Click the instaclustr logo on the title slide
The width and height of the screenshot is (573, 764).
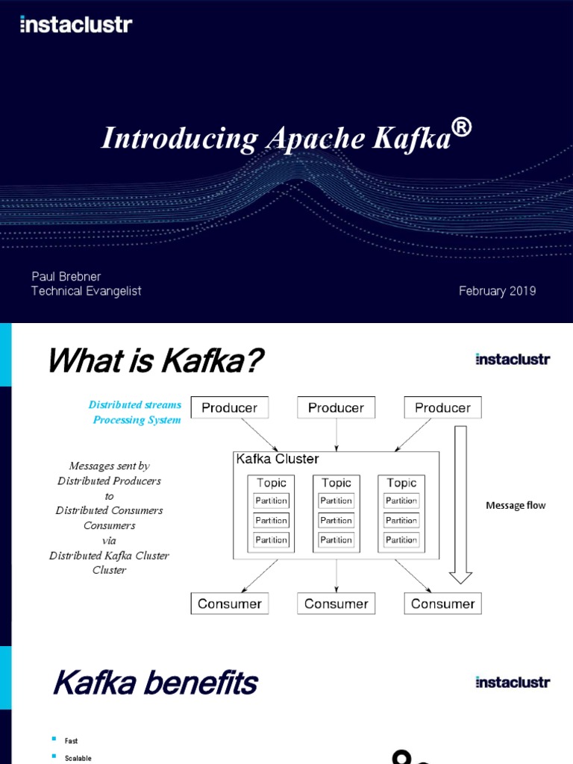point(76,25)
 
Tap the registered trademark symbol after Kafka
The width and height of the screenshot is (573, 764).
point(462,128)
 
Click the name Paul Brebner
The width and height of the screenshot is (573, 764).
point(66,276)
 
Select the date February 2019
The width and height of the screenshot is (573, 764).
point(497,291)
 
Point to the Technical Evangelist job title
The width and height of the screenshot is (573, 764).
point(86,291)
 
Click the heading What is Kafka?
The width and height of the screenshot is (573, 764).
point(155,363)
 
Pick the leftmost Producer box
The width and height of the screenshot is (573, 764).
point(230,408)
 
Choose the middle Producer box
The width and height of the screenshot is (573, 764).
point(336,408)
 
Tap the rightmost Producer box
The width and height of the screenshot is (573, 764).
point(442,408)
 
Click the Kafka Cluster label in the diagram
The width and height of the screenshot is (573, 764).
point(277,459)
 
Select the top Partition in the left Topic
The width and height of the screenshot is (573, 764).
point(271,501)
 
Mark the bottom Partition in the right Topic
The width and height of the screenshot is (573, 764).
point(401,539)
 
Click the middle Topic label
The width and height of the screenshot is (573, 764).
point(336,483)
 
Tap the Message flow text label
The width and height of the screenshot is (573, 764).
point(516,505)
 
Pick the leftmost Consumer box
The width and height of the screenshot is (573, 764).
point(230,604)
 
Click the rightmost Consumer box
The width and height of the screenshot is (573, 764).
point(442,604)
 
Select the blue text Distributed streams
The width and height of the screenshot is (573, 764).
point(135,405)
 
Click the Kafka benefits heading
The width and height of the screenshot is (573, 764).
point(155,683)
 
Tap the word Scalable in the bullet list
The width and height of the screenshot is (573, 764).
point(78,758)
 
